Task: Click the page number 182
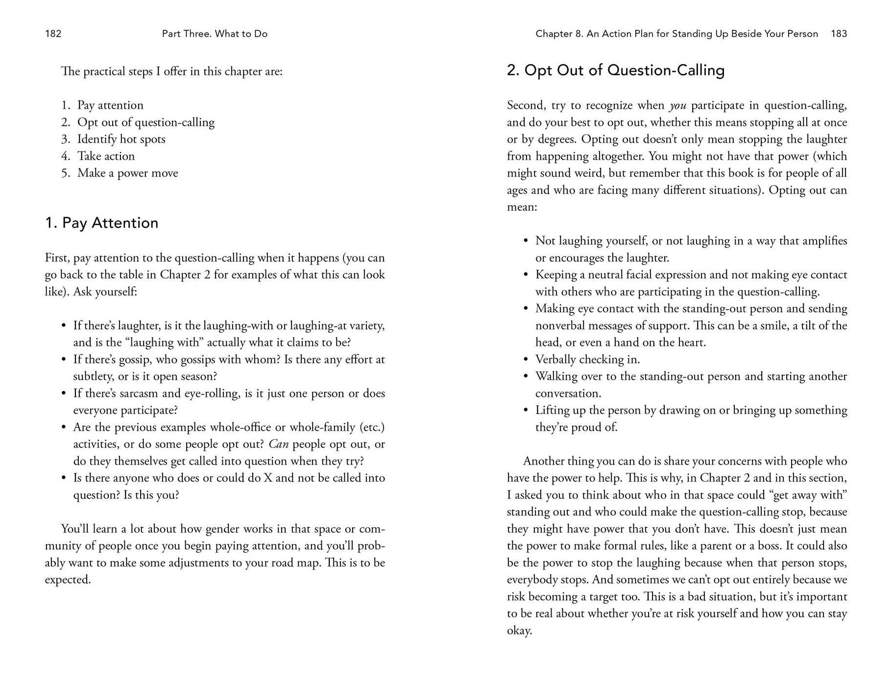[53, 34]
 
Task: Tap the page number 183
[839, 34]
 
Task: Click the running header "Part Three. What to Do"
[215, 34]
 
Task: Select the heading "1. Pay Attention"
[101, 223]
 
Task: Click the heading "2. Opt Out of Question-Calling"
[615, 71]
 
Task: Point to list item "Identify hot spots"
[121, 139]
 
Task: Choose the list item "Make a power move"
[127, 173]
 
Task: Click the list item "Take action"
[106, 156]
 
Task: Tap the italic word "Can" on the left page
[278, 444]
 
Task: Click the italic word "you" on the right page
[677, 106]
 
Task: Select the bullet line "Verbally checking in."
[587, 360]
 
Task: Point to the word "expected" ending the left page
[67, 580]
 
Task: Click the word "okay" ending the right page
[518, 631]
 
